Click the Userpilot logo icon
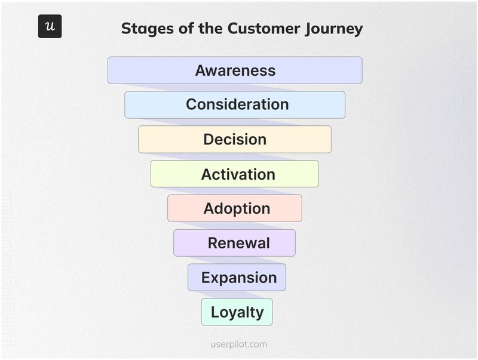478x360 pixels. [x=50, y=26]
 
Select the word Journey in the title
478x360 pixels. [x=333, y=28]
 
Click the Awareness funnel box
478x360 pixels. [x=235, y=70]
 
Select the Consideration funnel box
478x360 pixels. [x=235, y=104]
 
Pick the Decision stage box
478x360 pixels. [x=235, y=139]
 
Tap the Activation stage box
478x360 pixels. [x=235, y=174]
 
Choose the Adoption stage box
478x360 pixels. [x=235, y=208]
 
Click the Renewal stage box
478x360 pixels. [x=235, y=243]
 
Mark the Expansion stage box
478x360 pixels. [x=237, y=278]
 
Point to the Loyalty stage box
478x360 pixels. [x=237, y=312]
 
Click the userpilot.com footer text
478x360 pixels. [x=239, y=344]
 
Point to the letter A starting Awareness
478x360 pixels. [x=201, y=70]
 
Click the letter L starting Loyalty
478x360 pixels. [x=215, y=312]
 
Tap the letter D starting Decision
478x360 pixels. [x=209, y=139]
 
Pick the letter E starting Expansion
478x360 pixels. [x=205, y=278]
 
